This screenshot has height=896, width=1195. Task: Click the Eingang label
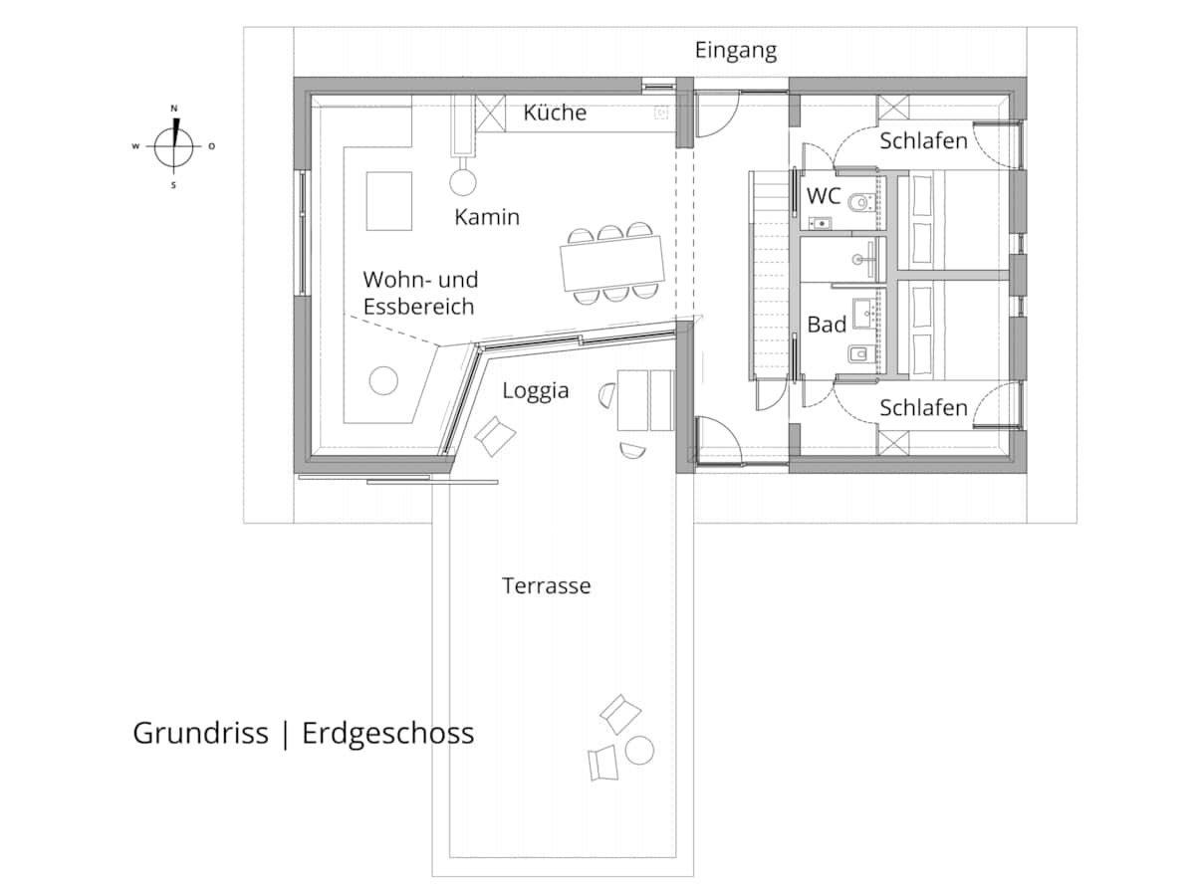pyautogui.click(x=736, y=51)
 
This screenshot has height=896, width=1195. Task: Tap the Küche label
pyautogui.click(x=555, y=112)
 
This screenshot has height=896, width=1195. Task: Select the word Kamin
pyautogui.click(x=487, y=217)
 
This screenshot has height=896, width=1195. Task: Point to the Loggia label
pyautogui.click(x=535, y=390)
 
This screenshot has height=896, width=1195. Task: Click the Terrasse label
pyautogui.click(x=546, y=586)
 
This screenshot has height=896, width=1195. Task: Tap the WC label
pyautogui.click(x=824, y=196)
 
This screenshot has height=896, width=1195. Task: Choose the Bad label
pyautogui.click(x=827, y=325)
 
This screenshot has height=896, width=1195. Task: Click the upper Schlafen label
pyautogui.click(x=923, y=141)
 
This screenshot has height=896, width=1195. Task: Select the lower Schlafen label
pyautogui.click(x=923, y=407)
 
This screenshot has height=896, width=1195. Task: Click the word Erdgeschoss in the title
pyautogui.click(x=387, y=734)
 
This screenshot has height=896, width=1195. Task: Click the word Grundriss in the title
pyautogui.click(x=200, y=733)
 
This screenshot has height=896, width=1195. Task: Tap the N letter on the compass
pyautogui.click(x=174, y=109)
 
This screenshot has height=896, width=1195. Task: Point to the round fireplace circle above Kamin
pyautogui.click(x=463, y=182)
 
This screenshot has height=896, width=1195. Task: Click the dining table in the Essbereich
pyautogui.click(x=612, y=263)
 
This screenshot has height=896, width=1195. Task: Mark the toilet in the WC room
pyautogui.click(x=860, y=202)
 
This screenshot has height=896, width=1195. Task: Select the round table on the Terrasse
pyautogui.click(x=639, y=751)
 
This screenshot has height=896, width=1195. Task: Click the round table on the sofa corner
pyautogui.click(x=383, y=380)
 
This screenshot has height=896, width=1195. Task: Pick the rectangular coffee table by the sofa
pyautogui.click(x=388, y=201)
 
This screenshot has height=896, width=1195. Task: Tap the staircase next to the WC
pyautogui.click(x=769, y=275)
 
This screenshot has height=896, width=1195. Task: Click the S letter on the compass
pyautogui.click(x=173, y=185)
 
